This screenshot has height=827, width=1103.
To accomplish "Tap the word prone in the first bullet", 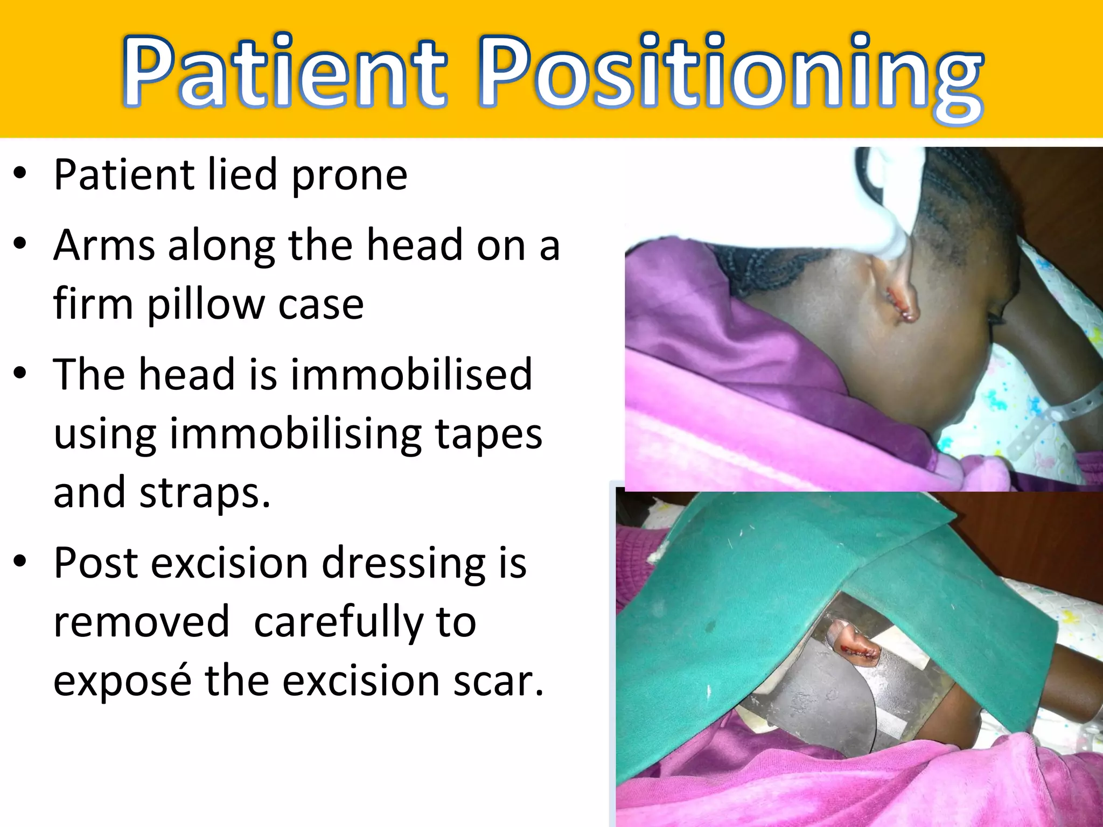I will point(350,176).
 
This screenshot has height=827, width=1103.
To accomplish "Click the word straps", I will point(205,493).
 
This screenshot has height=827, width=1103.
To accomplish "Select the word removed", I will point(142,622).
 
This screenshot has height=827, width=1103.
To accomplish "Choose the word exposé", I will point(122,681).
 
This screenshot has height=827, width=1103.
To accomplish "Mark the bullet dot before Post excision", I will point(20,562).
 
